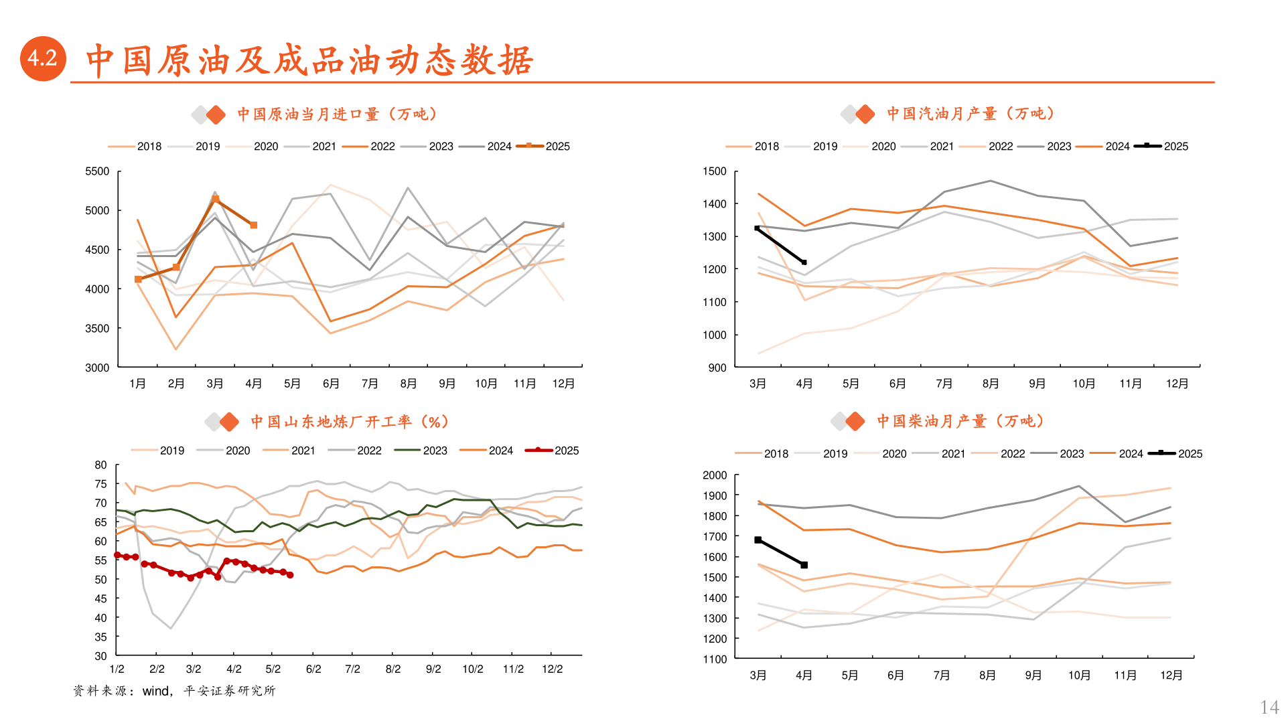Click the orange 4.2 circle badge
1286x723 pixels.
pyautogui.click(x=43, y=59)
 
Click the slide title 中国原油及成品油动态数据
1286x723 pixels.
pyautogui.click(x=309, y=60)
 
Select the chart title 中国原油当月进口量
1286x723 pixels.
pyautogui.click(x=337, y=114)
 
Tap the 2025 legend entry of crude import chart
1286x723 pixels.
pyautogui.click(x=544, y=146)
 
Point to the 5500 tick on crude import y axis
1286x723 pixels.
pyautogui.click(x=97, y=171)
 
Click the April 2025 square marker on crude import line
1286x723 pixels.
pyautogui.click(x=254, y=226)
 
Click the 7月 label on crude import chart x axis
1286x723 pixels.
pyautogui.click(x=370, y=384)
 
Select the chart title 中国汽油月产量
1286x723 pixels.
pyautogui.click(x=970, y=114)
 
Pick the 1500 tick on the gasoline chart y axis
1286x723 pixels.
pyautogui.click(x=714, y=171)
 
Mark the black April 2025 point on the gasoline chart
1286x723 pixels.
pyautogui.click(x=804, y=262)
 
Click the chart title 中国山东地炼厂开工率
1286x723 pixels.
pyautogui.click(x=349, y=422)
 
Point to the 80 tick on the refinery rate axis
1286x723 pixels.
pyautogui.click(x=100, y=465)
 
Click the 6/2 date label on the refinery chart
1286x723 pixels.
pyautogui.click(x=313, y=669)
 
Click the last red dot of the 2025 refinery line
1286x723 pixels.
pyautogui.click(x=290, y=575)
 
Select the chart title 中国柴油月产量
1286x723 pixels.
pyautogui.click(x=960, y=421)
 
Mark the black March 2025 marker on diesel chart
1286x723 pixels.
pyautogui.click(x=758, y=540)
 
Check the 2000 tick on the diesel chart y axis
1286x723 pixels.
pyautogui.click(x=714, y=475)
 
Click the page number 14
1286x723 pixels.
pyautogui.click(x=1269, y=707)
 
